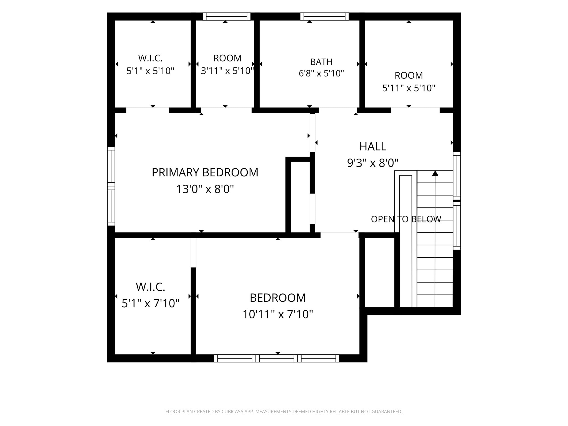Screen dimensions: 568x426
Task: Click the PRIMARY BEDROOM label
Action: pyautogui.click(x=205, y=173)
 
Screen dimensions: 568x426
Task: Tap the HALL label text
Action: pyautogui.click(x=373, y=146)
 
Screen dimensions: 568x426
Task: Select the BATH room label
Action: pyautogui.click(x=321, y=62)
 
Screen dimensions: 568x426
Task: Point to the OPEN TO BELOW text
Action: pyautogui.click(x=406, y=219)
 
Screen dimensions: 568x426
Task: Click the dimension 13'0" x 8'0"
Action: pyautogui.click(x=205, y=189)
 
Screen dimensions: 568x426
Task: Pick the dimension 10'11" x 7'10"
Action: pyautogui.click(x=278, y=315)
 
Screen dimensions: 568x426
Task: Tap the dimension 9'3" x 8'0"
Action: pyautogui.click(x=373, y=163)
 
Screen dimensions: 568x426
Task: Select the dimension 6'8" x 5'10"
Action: pyautogui.click(x=321, y=73)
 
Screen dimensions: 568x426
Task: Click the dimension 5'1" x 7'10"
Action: pyautogui.click(x=151, y=303)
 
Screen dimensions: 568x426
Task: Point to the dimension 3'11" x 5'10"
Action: pyautogui.click(x=227, y=71)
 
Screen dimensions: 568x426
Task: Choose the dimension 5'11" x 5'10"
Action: pyautogui.click(x=409, y=88)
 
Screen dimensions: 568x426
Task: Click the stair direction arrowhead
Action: pyautogui.click(x=435, y=173)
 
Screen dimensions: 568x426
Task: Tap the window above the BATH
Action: pyautogui.click(x=324, y=16)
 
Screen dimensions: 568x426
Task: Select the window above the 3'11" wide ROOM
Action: pyautogui.click(x=227, y=16)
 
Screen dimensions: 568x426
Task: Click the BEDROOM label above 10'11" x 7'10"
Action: pyautogui.click(x=278, y=298)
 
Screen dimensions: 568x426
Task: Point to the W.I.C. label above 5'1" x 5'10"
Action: pyautogui.click(x=150, y=58)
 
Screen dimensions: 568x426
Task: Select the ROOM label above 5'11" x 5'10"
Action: pyautogui.click(x=409, y=75)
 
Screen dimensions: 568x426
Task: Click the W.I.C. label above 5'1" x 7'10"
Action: pyautogui.click(x=151, y=287)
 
